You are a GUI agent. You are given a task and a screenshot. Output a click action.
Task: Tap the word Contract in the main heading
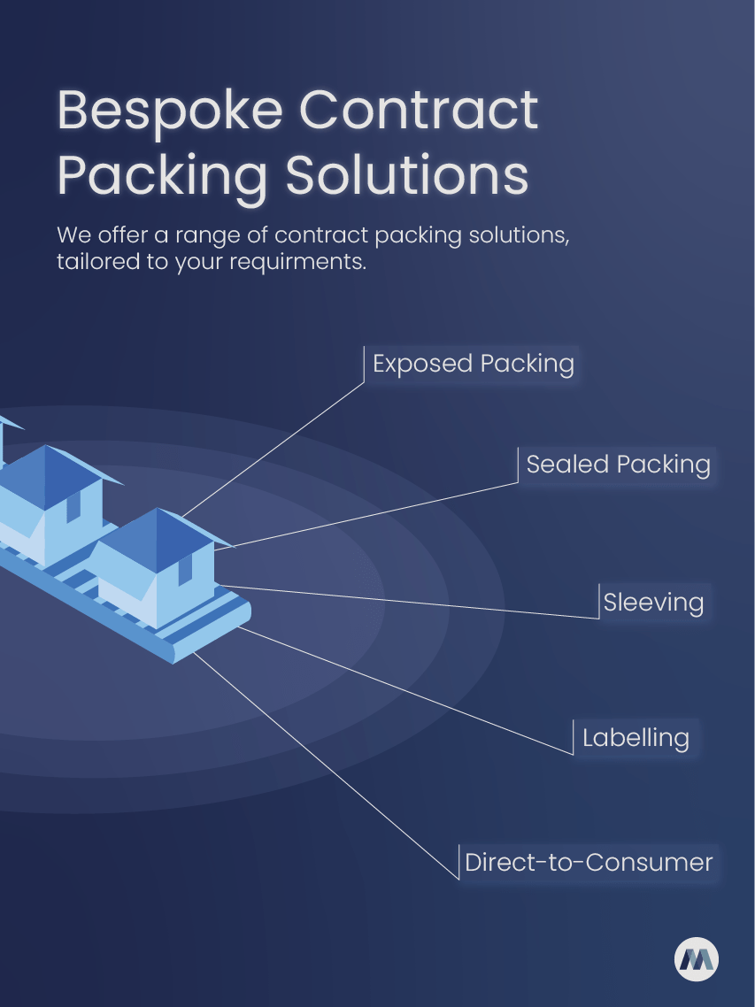click(x=419, y=111)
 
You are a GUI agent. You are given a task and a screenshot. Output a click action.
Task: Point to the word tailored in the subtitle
click(x=96, y=263)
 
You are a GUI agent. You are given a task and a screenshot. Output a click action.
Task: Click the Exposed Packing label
click(x=473, y=364)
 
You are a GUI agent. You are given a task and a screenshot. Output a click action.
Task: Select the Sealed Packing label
click(x=618, y=464)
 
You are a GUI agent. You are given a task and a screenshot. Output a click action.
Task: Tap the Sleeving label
click(x=653, y=603)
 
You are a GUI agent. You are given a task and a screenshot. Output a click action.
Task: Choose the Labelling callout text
click(x=636, y=737)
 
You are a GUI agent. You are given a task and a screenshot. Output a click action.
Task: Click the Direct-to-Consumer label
click(x=589, y=862)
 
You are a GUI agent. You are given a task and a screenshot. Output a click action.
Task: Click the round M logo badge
click(x=697, y=959)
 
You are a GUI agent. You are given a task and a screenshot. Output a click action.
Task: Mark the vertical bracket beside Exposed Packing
click(x=365, y=365)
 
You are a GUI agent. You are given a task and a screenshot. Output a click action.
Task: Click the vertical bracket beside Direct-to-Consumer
click(x=458, y=863)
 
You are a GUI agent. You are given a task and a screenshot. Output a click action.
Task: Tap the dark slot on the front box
click(x=185, y=571)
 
